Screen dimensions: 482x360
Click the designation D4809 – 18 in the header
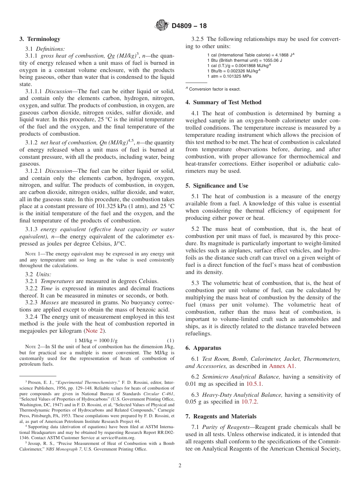pos(189,26)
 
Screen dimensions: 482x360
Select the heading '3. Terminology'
pos(40,39)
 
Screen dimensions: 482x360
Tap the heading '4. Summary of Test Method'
pos(223,102)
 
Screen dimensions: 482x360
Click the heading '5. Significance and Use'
pos(217,186)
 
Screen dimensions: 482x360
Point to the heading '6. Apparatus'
pos(203,348)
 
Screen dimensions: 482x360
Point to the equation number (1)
pos(171,341)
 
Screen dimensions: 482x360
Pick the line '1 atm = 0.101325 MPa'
pos(229,76)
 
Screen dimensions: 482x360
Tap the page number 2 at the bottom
pos(180,466)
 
